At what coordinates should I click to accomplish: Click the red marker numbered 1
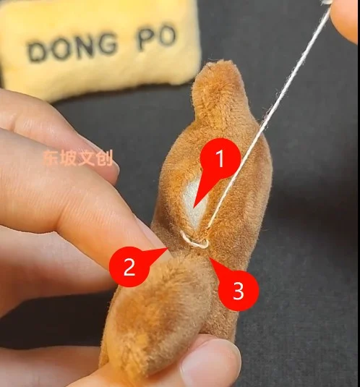coord(220,158)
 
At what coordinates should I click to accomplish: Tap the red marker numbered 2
coord(129,266)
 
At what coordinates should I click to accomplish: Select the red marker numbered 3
coord(238,291)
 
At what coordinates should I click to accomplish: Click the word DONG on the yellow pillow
coord(71,49)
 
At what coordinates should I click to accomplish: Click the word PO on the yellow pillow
coord(156,38)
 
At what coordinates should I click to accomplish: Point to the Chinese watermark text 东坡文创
coord(78,158)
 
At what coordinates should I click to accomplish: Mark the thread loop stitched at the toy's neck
coord(194,241)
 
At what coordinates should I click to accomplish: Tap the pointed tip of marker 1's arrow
coord(194,207)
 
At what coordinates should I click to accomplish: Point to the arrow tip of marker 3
coord(209,258)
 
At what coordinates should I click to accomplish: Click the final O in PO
coord(167,36)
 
